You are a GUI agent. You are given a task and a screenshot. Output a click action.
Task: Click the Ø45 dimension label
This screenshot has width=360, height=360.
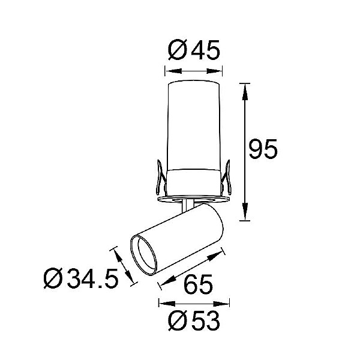tap(194, 50)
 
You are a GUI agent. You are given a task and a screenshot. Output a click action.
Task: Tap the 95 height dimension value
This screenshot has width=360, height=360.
tap(263, 149)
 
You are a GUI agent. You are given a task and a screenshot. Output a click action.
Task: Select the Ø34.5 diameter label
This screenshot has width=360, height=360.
tap(81, 278)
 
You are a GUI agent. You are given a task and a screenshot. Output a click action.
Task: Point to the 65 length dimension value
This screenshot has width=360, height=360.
tap(199, 284)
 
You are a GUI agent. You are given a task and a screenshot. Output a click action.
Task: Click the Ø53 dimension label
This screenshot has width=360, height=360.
tap(194, 320)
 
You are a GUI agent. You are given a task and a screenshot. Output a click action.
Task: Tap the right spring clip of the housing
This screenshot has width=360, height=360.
tap(227, 177)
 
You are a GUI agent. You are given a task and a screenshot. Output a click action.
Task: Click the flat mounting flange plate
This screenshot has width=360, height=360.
tap(194, 199)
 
